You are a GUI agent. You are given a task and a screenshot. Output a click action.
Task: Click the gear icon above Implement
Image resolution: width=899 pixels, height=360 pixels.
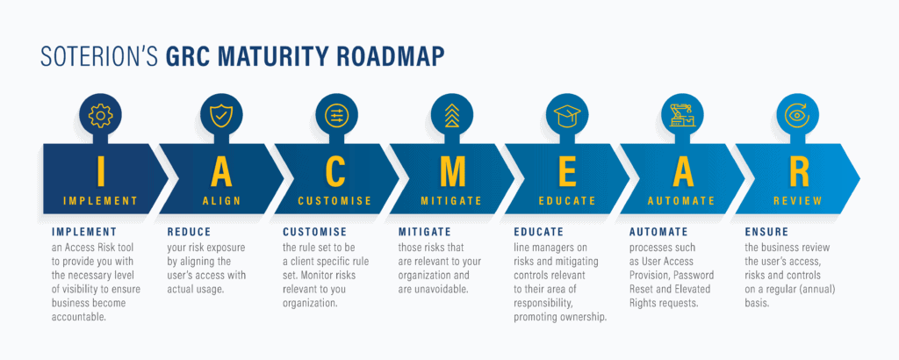100,116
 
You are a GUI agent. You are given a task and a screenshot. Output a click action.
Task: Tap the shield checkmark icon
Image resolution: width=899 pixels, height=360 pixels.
221,116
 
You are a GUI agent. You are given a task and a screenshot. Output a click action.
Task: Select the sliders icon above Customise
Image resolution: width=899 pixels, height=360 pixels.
336,116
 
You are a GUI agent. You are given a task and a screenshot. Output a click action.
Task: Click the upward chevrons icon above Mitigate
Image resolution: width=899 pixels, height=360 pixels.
452,116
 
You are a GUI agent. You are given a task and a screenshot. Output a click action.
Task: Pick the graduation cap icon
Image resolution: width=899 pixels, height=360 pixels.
568,116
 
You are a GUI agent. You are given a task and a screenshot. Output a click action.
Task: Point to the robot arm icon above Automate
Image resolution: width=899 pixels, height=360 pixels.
683,116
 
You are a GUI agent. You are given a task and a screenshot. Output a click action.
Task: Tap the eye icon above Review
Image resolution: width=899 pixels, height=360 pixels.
798,115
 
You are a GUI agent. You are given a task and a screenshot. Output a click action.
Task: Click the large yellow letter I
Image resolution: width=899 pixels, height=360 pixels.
101,170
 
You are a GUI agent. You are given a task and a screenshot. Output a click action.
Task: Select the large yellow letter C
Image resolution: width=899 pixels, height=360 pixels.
336,170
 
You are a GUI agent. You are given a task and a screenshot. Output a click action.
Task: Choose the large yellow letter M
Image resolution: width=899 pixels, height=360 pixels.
452,170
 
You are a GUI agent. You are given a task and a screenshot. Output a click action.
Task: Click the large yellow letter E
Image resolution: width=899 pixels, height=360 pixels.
567,170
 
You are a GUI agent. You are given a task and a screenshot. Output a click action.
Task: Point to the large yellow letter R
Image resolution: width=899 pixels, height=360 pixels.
798,170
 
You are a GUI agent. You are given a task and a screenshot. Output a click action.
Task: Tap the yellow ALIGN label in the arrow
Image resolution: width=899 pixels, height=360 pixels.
221,201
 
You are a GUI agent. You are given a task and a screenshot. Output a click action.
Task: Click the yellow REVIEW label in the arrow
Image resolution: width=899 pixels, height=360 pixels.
797,201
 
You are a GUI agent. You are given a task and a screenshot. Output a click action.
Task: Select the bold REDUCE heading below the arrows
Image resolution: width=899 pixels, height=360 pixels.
190,232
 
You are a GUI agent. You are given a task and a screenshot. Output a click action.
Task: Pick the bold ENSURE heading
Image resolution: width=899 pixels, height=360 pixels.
766,232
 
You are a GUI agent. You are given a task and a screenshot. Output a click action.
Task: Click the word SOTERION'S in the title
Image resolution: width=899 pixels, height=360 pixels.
100,57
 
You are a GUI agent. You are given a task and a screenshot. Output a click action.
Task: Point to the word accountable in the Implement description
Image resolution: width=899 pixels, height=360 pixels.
79,316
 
